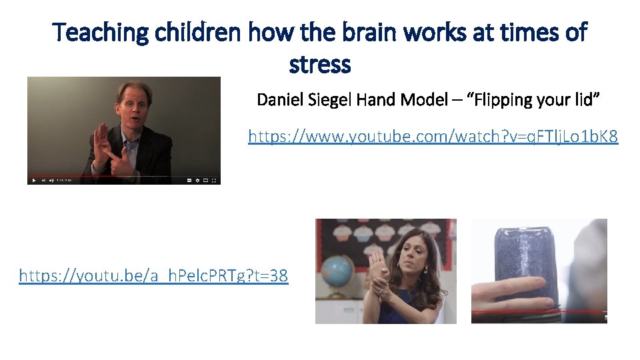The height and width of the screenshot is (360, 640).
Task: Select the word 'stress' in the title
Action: [320, 65]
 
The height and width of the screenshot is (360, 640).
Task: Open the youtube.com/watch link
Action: [433, 137]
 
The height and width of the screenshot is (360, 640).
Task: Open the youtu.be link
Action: [153, 275]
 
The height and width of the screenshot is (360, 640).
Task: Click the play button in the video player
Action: [34, 180]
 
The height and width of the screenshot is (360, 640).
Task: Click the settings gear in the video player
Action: [198, 180]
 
